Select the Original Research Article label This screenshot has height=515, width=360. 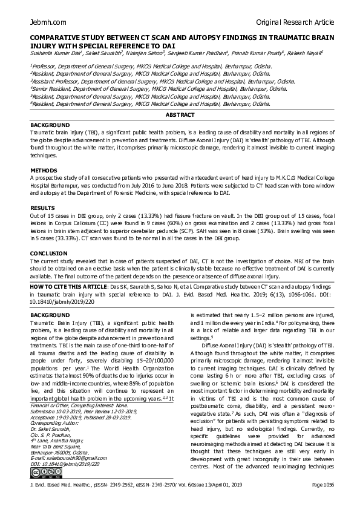point(295,22)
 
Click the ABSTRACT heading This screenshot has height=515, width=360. point(180,115)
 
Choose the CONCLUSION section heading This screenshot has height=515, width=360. point(48,254)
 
